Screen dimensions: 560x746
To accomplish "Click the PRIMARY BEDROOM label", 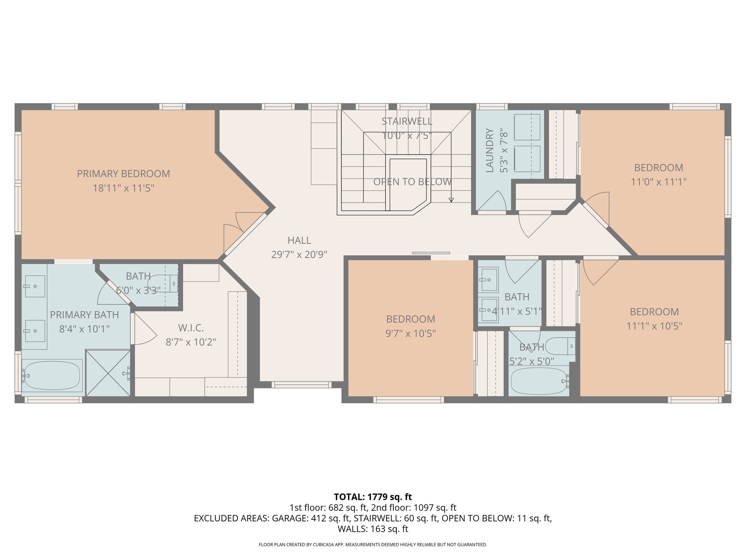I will tap(123, 174).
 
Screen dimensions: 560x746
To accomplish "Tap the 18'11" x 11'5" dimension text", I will tap(123, 188).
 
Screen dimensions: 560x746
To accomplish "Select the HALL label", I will tap(299, 240).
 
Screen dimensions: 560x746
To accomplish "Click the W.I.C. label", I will tap(191, 328).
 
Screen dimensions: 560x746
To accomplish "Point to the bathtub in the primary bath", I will tap(52, 376).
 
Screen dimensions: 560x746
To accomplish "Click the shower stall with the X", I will tap(108, 373).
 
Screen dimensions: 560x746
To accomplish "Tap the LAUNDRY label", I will tap(490, 150).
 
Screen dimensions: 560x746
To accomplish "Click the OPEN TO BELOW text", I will tap(412, 182).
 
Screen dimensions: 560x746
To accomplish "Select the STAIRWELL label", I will tap(407, 121).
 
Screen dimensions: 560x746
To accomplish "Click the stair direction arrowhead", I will tap(451, 200).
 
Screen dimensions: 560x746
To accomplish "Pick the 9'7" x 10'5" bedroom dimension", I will tap(411, 333).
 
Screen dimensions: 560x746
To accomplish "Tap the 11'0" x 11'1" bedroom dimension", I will tap(658, 182).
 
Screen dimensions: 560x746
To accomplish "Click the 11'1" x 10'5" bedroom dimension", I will tap(654, 326).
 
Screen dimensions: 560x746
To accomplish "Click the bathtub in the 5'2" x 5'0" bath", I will tap(539, 381).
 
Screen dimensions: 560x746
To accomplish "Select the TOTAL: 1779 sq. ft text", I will tap(373, 497).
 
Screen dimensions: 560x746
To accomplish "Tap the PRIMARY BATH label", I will tap(84, 315).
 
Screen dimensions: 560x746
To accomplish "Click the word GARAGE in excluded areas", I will tap(289, 518).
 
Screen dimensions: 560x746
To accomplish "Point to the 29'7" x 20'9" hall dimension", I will tap(299, 254).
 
